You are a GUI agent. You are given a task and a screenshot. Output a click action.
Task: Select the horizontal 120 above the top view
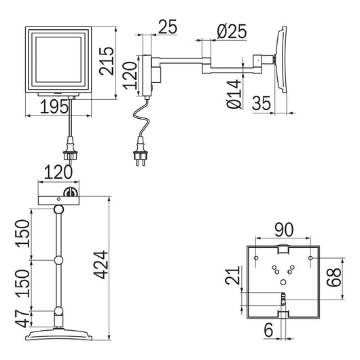pos(58,173)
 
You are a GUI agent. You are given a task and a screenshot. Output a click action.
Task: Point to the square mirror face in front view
pos(58,60)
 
